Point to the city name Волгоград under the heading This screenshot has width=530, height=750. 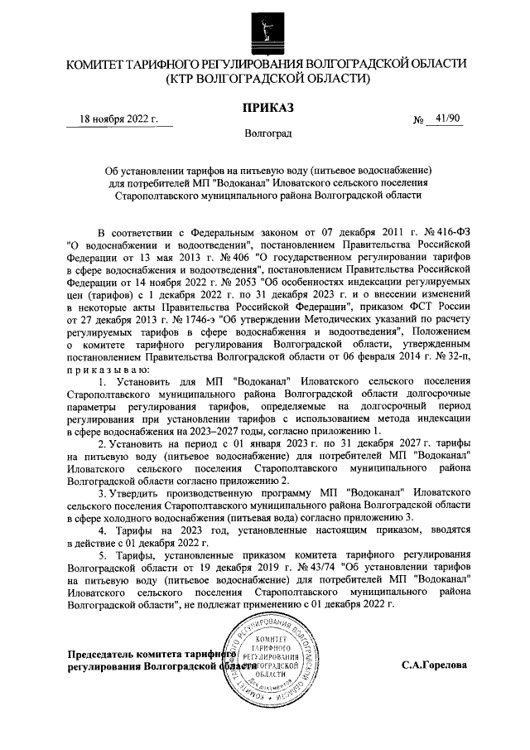266,133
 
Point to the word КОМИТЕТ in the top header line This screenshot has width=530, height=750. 92,63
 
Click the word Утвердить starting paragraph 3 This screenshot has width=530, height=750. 135,494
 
